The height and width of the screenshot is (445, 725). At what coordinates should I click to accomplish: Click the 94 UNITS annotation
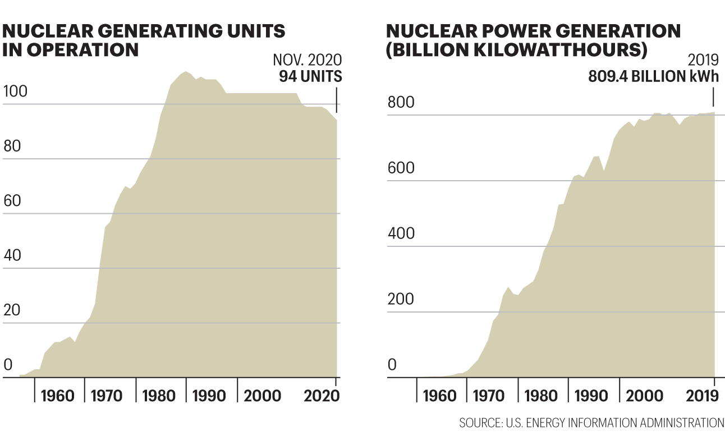(310, 76)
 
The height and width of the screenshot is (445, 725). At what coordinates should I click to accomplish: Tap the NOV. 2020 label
(308, 60)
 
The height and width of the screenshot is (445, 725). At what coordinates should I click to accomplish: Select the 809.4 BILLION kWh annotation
(653, 77)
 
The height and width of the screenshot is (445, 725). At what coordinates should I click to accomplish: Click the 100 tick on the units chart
(15, 92)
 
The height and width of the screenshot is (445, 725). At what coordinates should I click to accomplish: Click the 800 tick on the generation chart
(401, 103)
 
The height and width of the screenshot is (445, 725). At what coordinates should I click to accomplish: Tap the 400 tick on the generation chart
(401, 233)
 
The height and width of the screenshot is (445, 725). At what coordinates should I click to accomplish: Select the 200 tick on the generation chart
(401, 299)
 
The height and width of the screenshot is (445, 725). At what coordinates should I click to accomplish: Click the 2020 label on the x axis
(322, 396)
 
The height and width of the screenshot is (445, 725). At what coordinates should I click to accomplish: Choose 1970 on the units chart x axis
(107, 396)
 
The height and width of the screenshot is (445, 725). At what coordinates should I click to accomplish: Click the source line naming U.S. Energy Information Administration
(591, 423)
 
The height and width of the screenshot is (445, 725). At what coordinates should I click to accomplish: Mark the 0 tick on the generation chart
(392, 365)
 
